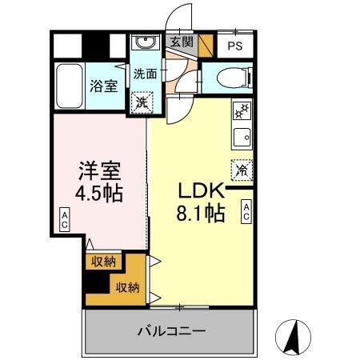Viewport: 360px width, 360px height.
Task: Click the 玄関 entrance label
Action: coord(182,42)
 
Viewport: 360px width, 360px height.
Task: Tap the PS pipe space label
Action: coord(234,46)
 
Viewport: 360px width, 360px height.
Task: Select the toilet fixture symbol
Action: coord(230,78)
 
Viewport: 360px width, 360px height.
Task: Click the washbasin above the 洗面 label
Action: coord(146,43)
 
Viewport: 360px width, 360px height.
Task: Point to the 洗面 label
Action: coord(144,74)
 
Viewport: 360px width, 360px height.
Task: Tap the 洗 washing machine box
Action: coord(141,102)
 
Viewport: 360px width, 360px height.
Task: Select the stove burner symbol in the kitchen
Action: coord(240,110)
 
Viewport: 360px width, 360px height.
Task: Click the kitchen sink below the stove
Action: coord(240,137)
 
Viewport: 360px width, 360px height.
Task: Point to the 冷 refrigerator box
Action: coord(240,170)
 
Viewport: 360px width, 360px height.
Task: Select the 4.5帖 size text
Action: coord(100,194)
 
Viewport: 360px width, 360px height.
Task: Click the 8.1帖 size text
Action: coord(201,214)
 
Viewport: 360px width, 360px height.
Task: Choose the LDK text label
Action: coord(199,192)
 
